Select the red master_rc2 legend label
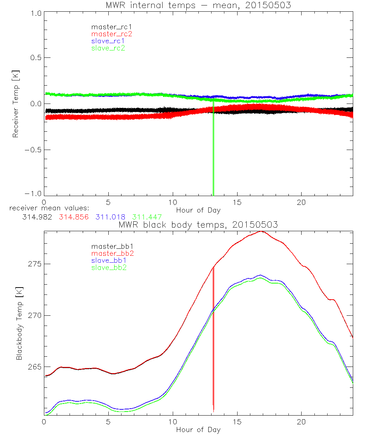click(111, 34)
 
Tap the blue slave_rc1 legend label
click(108, 41)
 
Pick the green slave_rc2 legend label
click(108, 48)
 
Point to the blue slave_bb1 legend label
click(108, 260)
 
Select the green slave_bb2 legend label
click(109, 267)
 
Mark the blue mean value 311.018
click(111, 217)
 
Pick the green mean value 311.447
click(147, 217)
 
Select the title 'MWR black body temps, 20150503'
click(198, 225)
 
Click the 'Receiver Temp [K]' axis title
click(15, 104)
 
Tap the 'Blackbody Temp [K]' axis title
click(19, 323)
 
